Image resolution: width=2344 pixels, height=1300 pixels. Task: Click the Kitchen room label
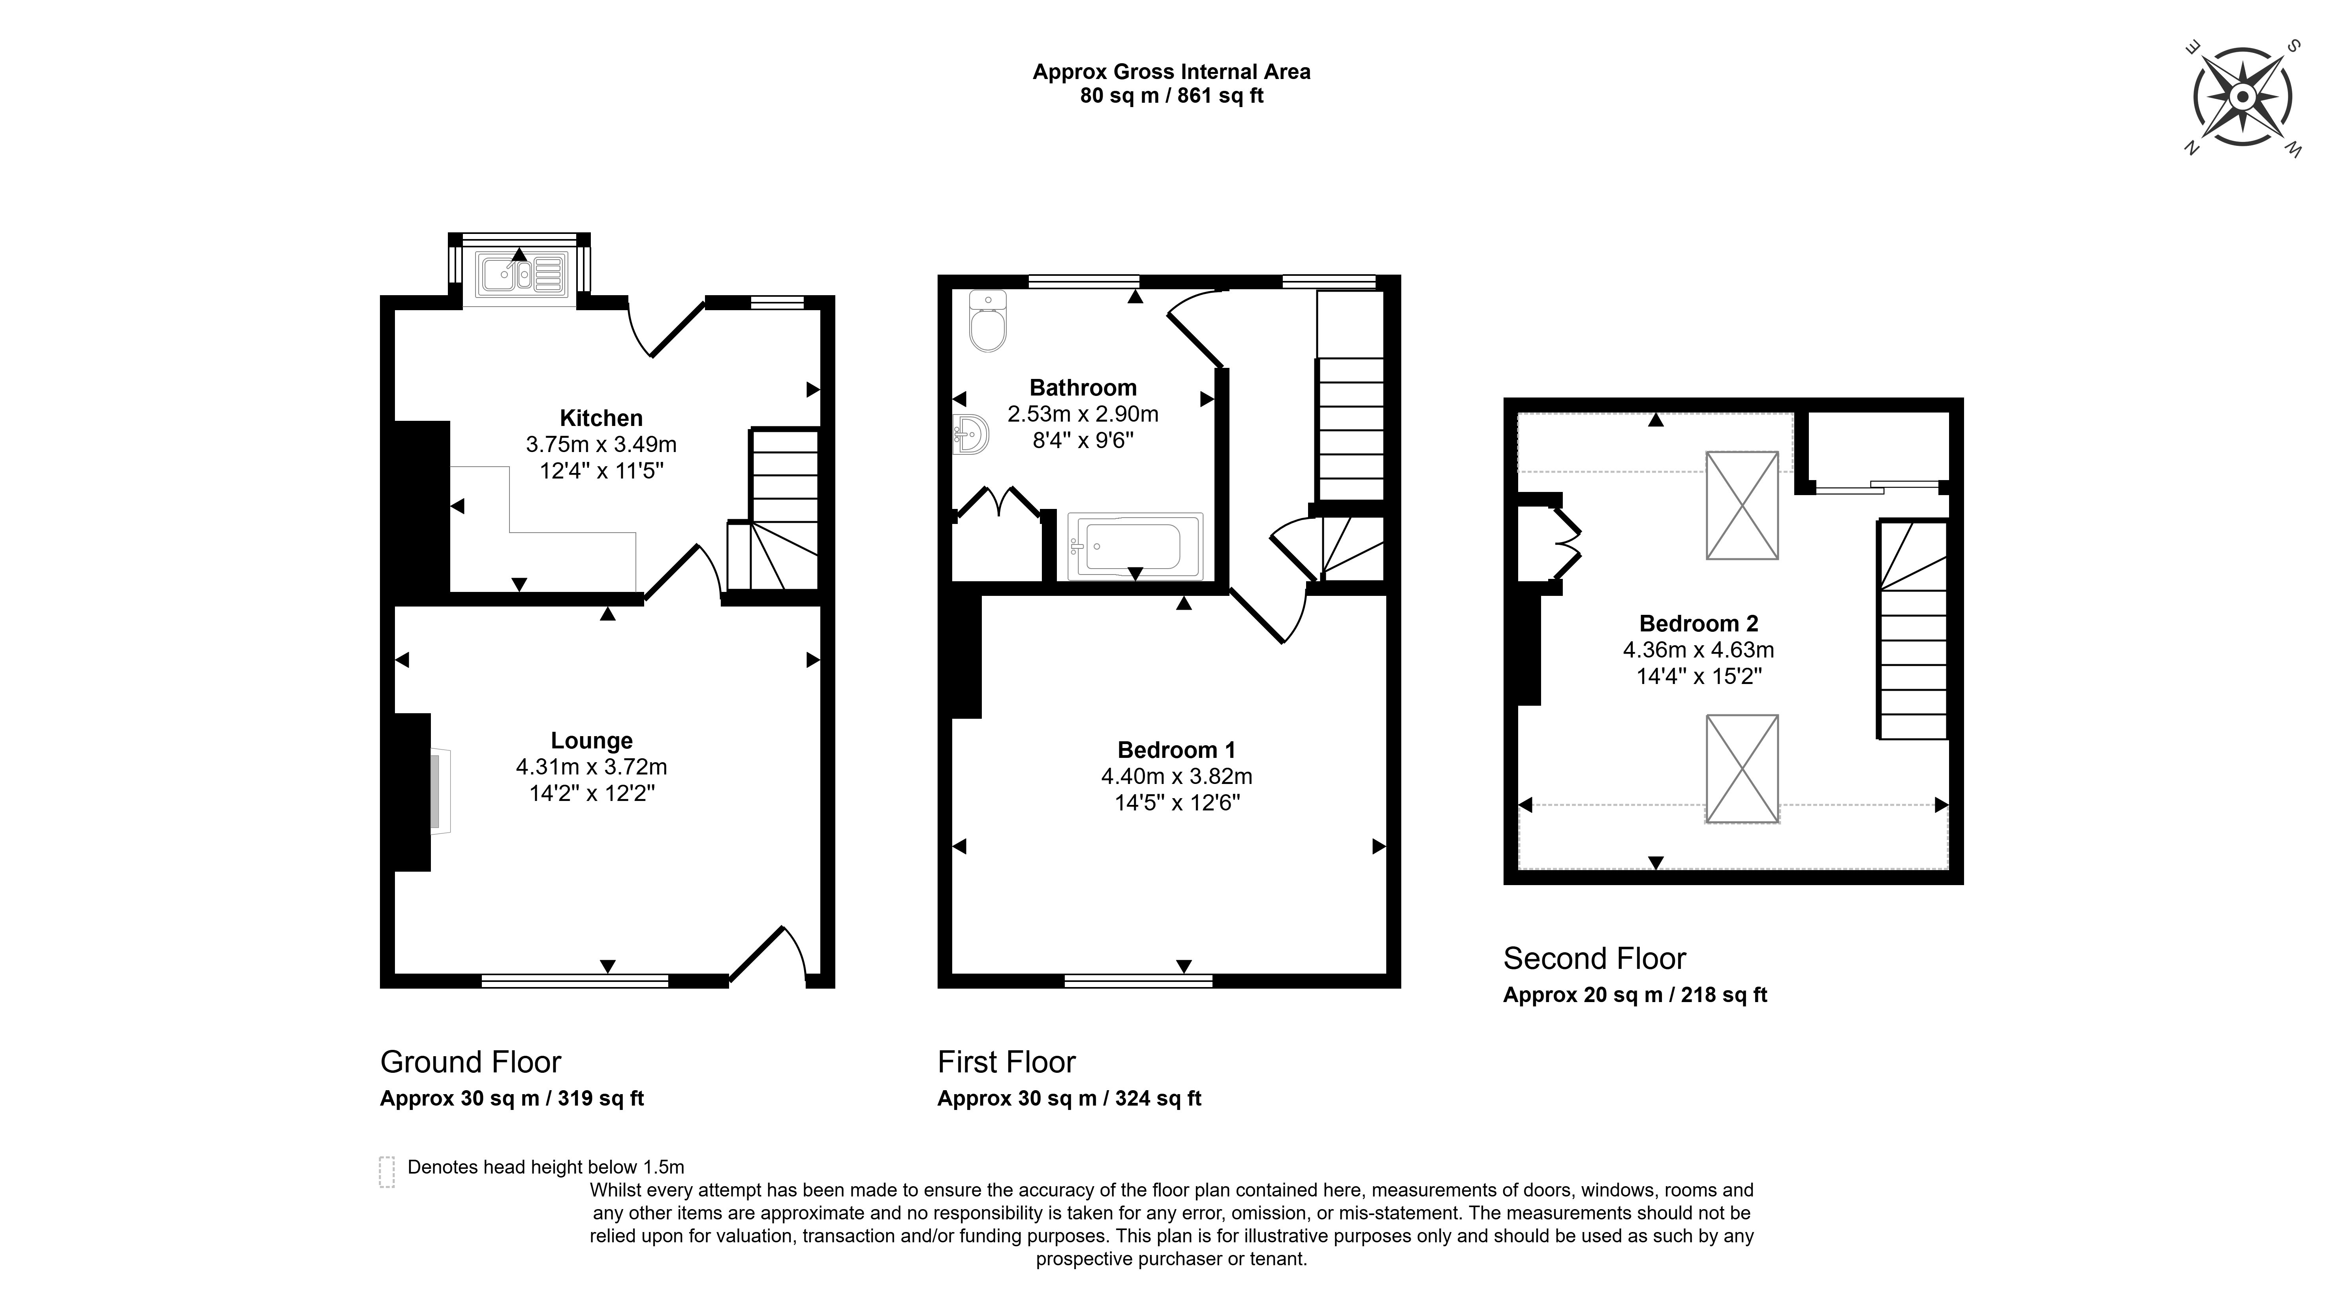pyautogui.click(x=601, y=418)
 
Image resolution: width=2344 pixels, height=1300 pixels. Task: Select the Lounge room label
pyautogui.click(x=592, y=741)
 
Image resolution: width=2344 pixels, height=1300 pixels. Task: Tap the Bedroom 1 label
pyautogui.click(x=1176, y=750)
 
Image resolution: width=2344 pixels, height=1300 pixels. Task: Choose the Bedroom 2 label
pyautogui.click(x=1698, y=624)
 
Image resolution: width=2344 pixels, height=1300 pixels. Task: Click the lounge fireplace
pyautogui.click(x=439, y=791)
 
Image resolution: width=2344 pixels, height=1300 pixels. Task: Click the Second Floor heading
pyautogui.click(x=1594, y=959)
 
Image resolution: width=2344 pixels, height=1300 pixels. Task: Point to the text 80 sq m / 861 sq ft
pyautogui.click(x=1171, y=96)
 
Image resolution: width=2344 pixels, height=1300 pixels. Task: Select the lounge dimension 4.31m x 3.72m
pyautogui.click(x=592, y=767)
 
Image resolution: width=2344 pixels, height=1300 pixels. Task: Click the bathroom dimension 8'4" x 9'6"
pyautogui.click(x=1083, y=441)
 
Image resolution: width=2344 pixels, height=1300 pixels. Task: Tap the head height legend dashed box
pyautogui.click(x=387, y=1172)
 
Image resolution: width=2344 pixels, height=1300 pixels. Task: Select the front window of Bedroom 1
pyautogui.click(x=1138, y=980)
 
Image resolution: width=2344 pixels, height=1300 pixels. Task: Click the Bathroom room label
pyautogui.click(x=1083, y=388)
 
